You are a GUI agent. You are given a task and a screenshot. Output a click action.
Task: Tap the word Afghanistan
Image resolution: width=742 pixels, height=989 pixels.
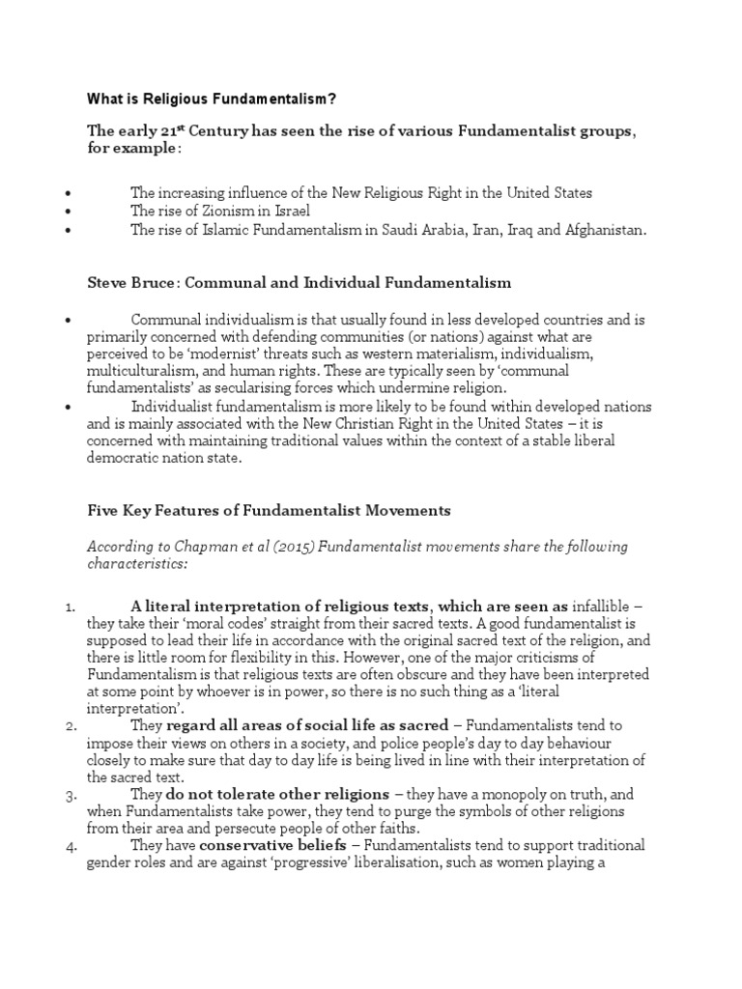click(x=599, y=230)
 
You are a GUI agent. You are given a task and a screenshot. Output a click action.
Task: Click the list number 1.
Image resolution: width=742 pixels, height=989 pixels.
click(x=71, y=607)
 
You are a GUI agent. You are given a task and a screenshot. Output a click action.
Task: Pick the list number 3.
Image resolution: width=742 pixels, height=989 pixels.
click(x=71, y=794)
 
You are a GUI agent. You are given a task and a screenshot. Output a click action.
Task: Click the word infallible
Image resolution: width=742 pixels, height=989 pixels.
click(x=603, y=607)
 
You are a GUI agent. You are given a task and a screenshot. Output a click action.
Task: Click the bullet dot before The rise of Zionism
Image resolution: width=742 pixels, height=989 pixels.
click(x=71, y=212)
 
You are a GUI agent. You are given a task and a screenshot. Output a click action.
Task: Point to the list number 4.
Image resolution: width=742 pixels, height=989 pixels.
click(x=71, y=845)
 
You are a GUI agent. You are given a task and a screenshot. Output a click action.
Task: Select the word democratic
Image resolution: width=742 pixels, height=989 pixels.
click(x=129, y=459)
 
